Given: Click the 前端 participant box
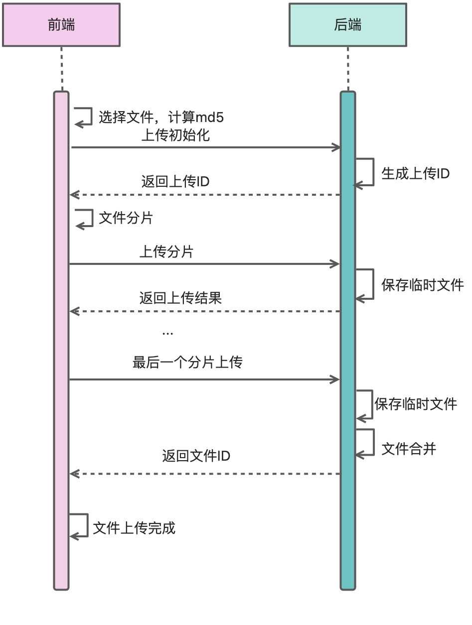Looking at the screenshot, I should click(x=61, y=25).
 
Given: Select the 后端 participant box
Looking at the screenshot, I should click(x=348, y=25).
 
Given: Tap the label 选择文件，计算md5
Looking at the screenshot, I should click(x=161, y=118).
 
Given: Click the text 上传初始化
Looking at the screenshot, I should click(x=175, y=136).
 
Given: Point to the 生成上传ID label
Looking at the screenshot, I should click(x=415, y=173).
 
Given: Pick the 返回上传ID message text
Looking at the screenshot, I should click(x=175, y=182).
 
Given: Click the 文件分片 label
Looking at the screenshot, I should click(x=126, y=218).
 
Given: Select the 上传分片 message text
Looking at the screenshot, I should click(x=166, y=252).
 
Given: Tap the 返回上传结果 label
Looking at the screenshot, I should click(x=180, y=298).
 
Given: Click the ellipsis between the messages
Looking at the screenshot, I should click(x=168, y=332).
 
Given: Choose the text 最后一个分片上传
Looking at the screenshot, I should click(x=187, y=362).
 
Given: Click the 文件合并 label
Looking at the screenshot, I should click(x=409, y=449).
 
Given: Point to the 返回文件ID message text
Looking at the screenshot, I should click(x=196, y=456).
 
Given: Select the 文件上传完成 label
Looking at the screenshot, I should click(x=134, y=528).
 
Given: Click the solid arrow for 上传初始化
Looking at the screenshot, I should click(x=204, y=147).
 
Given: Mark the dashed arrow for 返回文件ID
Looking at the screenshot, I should click(x=204, y=474).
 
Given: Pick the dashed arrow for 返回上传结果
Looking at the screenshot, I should click(x=204, y=311).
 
